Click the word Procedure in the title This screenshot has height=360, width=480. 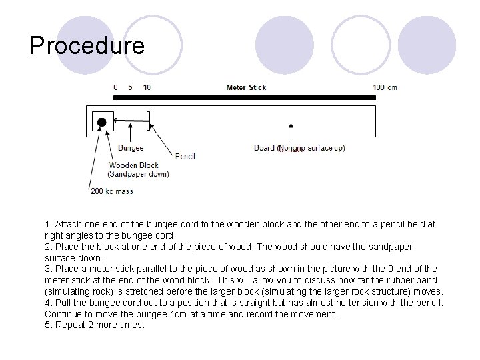pos(87,46)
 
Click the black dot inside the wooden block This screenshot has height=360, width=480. pos(102,121)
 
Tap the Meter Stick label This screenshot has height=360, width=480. pos(246,87)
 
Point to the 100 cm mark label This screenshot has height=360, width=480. pos(385,87)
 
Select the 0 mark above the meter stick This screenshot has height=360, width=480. pos(116,87)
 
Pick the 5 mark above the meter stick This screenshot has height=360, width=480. pos(131,87)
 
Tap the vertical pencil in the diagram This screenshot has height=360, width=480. pos(149,121)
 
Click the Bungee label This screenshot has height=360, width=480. pos(131,148)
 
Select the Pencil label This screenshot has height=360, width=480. pos(185,156)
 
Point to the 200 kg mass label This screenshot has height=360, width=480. pos(112,191)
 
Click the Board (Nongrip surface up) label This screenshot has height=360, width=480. pos(300,148)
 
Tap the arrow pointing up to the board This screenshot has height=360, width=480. pos(290,133)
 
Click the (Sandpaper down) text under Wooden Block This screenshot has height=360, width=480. pos(139,174)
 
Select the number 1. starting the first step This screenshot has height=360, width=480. pos(49,225)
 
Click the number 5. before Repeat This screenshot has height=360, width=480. pos(49,325)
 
